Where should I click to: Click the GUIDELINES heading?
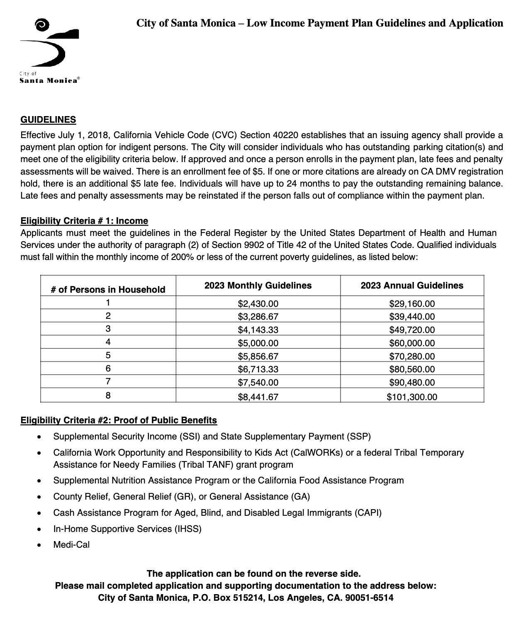48,120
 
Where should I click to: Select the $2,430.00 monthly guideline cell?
258,303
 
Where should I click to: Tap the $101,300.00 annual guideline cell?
412,397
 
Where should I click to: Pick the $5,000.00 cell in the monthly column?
258,343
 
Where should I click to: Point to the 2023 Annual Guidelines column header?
412,285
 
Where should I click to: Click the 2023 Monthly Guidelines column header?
258,285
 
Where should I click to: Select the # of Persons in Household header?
108,289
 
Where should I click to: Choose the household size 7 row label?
108,381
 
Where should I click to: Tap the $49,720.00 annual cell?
412,330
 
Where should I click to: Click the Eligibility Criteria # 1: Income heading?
84,221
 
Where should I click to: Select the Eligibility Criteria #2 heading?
119,420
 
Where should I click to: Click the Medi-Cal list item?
71,545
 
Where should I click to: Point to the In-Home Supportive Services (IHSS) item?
127,529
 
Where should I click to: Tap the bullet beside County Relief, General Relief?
39,497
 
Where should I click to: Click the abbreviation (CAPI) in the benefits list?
368,513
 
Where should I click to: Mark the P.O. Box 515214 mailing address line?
246,598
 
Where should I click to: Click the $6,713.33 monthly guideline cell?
258,369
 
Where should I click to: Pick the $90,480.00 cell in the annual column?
412,382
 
